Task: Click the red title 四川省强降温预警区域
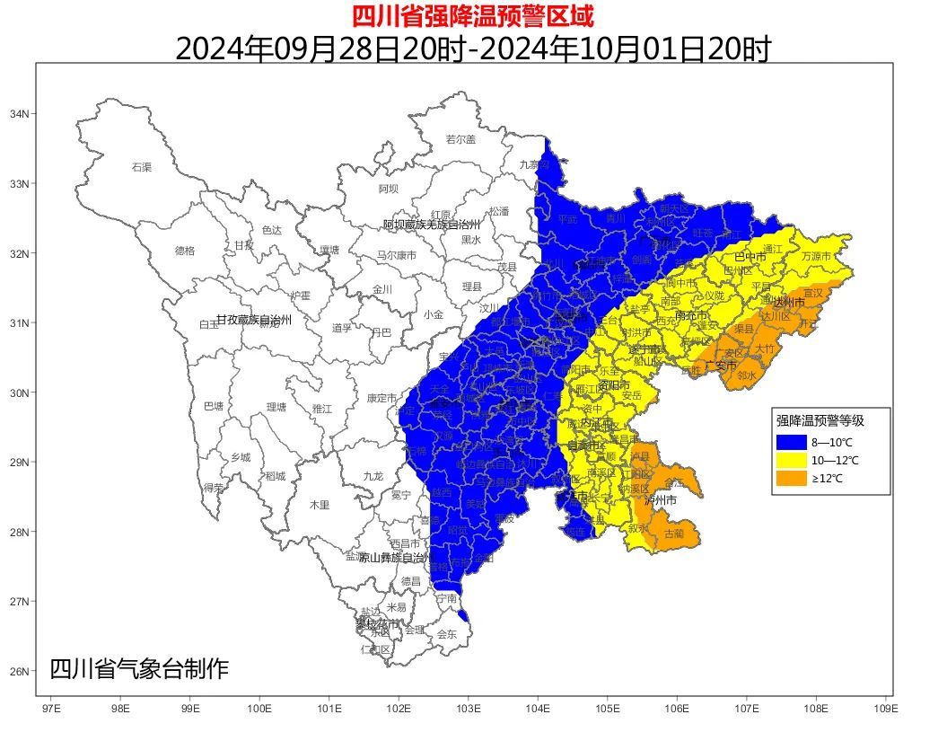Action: coord(472,15)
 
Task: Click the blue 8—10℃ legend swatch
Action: coord(791,441)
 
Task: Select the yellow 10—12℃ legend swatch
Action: coord(791,460)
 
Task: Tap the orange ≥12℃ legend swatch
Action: coord(791,479)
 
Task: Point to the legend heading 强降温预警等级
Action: coord(820,419)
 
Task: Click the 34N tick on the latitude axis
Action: coord(19,114)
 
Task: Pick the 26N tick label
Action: coord(19,671)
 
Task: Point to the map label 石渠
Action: coord(142,167)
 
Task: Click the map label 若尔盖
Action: coord(460,139)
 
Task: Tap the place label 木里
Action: coord(320,505)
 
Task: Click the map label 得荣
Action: coord(214,488)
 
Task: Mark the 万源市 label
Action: coord(817,255)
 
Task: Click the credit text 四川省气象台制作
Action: coord(139,669)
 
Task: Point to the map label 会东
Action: coord(447,634)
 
